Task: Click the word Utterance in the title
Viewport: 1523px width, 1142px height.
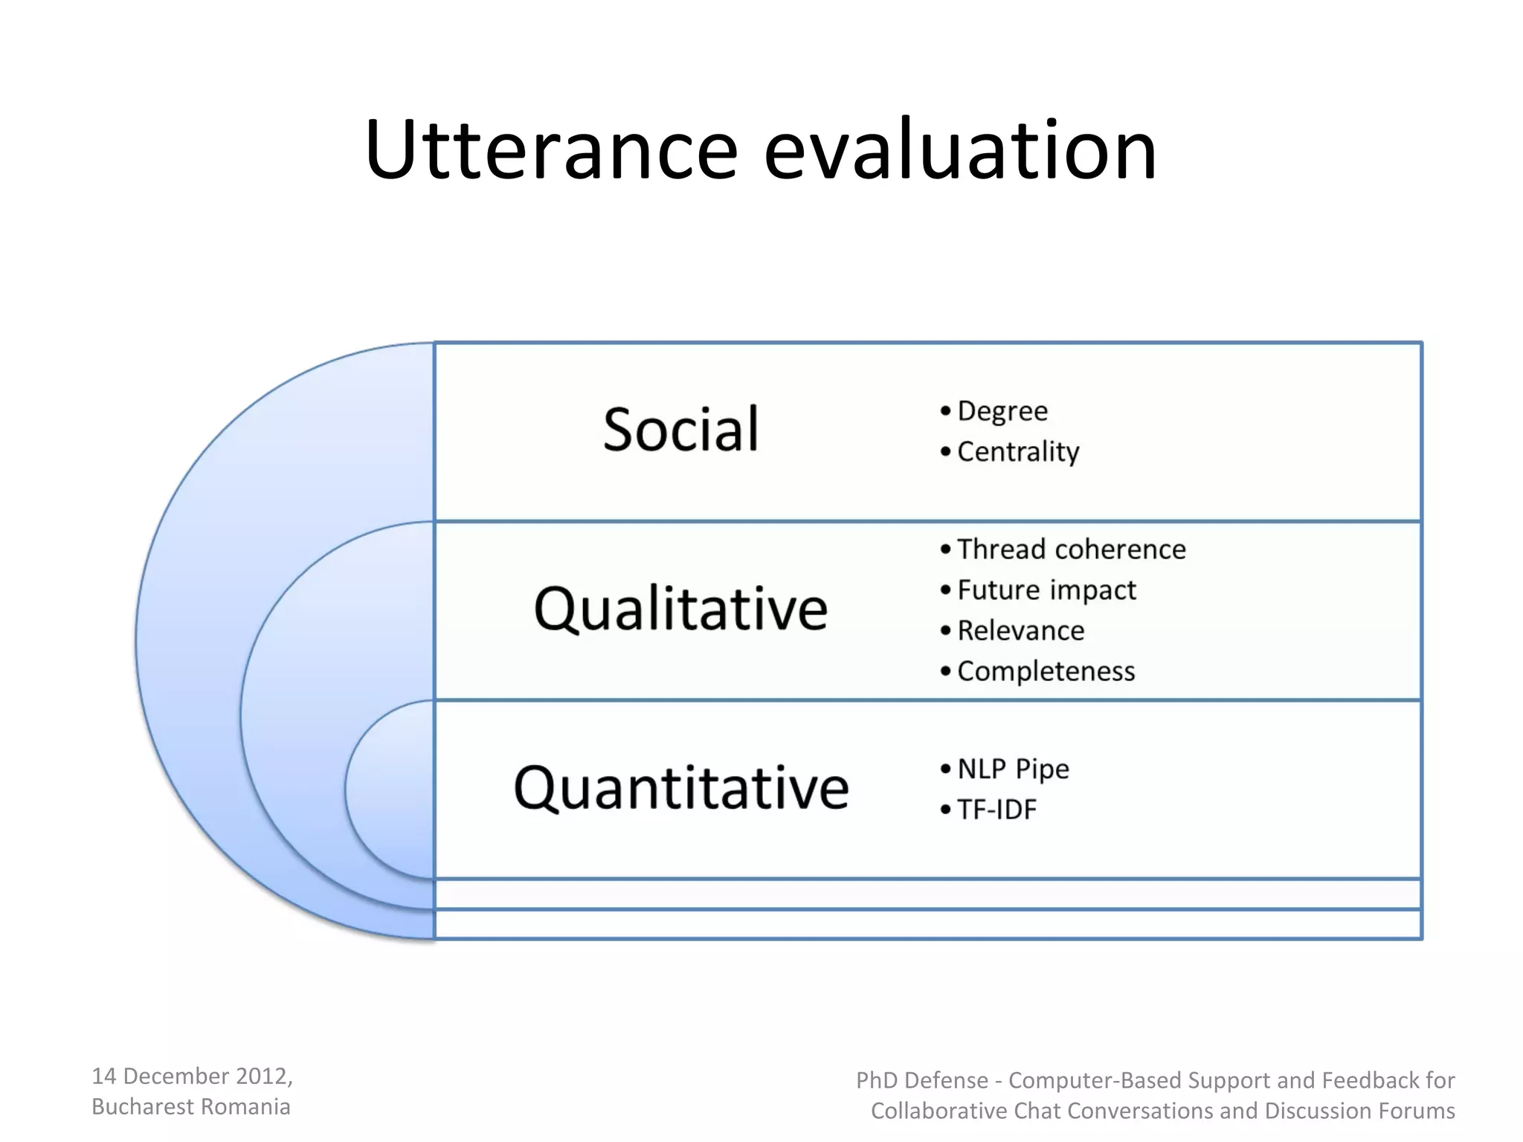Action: coord(550,151)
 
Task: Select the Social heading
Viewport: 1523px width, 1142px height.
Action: coord(680,430)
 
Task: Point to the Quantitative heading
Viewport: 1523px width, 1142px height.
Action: coord(680,788)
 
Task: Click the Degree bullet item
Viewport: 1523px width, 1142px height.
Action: coord(1002,411)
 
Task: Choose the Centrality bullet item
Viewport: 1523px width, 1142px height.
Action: coord(1017,451)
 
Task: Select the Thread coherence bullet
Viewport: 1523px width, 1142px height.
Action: coord(1071,549)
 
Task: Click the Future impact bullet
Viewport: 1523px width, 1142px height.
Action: coord(1046,590)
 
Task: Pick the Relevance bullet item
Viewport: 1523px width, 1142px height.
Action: coord(1020,630)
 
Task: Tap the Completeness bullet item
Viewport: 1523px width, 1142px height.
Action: coord(1046,671)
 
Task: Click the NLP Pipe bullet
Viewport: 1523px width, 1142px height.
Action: coord(1013,769)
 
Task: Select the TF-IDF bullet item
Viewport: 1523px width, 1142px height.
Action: coord(996,810)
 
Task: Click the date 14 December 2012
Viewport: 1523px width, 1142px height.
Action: coord(191,1076)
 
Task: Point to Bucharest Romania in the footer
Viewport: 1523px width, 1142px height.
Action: coord(190,1106)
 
